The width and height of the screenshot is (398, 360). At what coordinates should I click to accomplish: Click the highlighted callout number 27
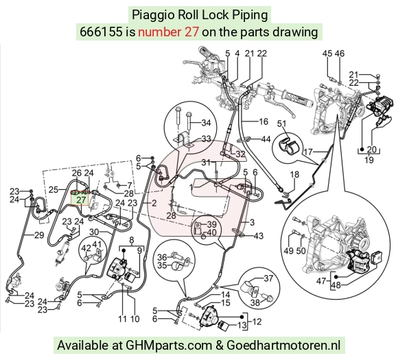point(81,200)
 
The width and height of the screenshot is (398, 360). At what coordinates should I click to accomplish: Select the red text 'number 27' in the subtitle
point(168,32)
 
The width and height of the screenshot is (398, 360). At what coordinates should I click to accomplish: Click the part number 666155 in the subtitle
point(101,32)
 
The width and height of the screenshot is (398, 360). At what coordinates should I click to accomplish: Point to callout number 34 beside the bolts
point(206,123)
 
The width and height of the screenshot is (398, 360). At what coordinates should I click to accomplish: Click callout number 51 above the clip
point(281,124)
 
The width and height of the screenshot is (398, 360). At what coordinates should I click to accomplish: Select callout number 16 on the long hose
point(264,121)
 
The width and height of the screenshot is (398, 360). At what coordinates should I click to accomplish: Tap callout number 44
point(266,139)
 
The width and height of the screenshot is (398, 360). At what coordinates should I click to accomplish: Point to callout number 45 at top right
point(327,53)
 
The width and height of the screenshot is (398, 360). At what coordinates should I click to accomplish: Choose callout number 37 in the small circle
point(268,278)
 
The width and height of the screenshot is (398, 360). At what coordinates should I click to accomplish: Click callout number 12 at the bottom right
point(257,322)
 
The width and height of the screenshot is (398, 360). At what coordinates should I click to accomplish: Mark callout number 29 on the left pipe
point(39,235)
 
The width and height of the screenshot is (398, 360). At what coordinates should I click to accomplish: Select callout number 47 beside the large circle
point(321,281)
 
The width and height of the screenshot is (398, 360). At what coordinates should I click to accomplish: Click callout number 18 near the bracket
point(294,175)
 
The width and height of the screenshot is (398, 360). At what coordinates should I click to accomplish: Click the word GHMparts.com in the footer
point(169,346)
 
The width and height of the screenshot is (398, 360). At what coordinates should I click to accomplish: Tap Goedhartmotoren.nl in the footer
point(283,345)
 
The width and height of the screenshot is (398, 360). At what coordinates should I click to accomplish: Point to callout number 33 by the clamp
point(206,139)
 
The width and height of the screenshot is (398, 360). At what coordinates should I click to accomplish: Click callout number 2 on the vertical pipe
point(154,203)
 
